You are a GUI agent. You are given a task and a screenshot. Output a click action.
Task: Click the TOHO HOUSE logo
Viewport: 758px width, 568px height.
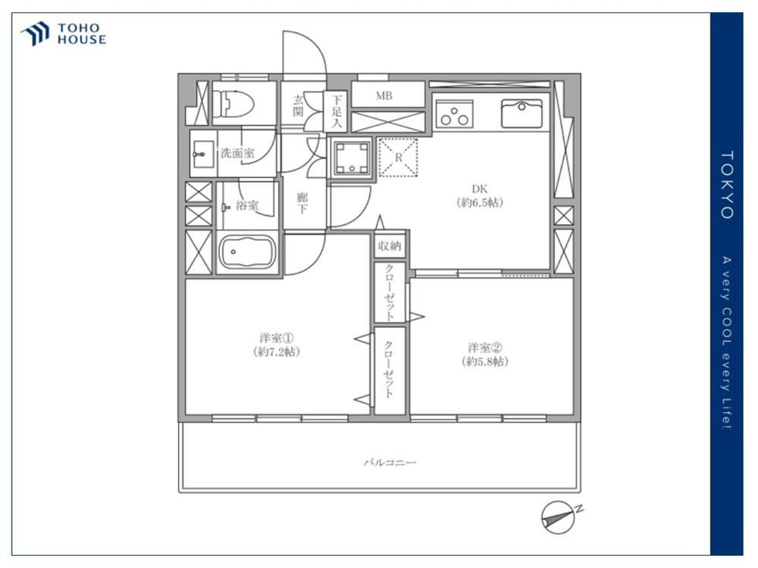[64, 34]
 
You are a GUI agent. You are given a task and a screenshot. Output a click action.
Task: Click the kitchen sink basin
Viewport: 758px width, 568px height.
[522, 114]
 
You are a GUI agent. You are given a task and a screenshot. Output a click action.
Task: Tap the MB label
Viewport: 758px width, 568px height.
[384, 95]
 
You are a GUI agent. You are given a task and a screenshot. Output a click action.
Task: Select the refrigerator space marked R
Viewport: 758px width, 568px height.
[398, 158]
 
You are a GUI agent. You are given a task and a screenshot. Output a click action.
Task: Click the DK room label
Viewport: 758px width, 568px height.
[481, 189]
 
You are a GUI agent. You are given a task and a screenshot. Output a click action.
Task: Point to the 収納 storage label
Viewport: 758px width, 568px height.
[390, 245]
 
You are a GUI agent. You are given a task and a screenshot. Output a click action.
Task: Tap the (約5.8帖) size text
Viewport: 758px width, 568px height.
[485, 362]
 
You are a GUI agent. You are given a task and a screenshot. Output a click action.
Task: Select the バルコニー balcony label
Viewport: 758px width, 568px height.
[390, 462]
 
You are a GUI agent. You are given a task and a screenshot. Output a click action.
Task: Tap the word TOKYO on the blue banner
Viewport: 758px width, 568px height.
[726, 185]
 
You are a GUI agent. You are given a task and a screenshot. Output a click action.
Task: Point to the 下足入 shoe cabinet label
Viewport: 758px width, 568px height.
[337, 110]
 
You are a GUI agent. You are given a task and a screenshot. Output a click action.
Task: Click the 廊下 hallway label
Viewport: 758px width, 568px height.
[301, 203]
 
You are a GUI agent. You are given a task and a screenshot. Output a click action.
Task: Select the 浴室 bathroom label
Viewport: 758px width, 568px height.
[246, 205]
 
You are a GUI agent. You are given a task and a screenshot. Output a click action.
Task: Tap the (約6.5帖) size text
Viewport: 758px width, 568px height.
[481, 203]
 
